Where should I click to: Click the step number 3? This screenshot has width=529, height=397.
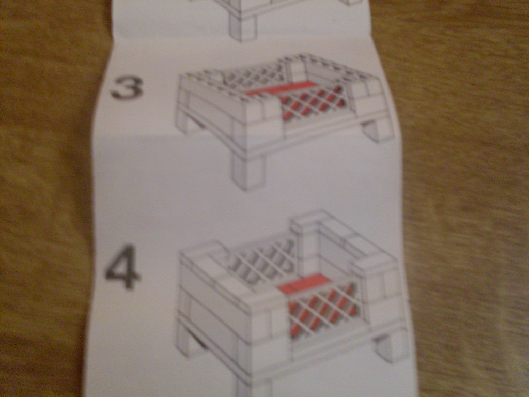pos(127,88)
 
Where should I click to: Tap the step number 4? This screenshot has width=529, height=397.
pos(122,267)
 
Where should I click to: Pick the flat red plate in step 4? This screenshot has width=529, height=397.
pos(301,283)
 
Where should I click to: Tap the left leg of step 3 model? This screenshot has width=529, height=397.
pos(192,125)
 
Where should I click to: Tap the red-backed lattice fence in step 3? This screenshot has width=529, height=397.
pos(312,101)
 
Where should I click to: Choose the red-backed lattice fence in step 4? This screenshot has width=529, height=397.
pos(322,311)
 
